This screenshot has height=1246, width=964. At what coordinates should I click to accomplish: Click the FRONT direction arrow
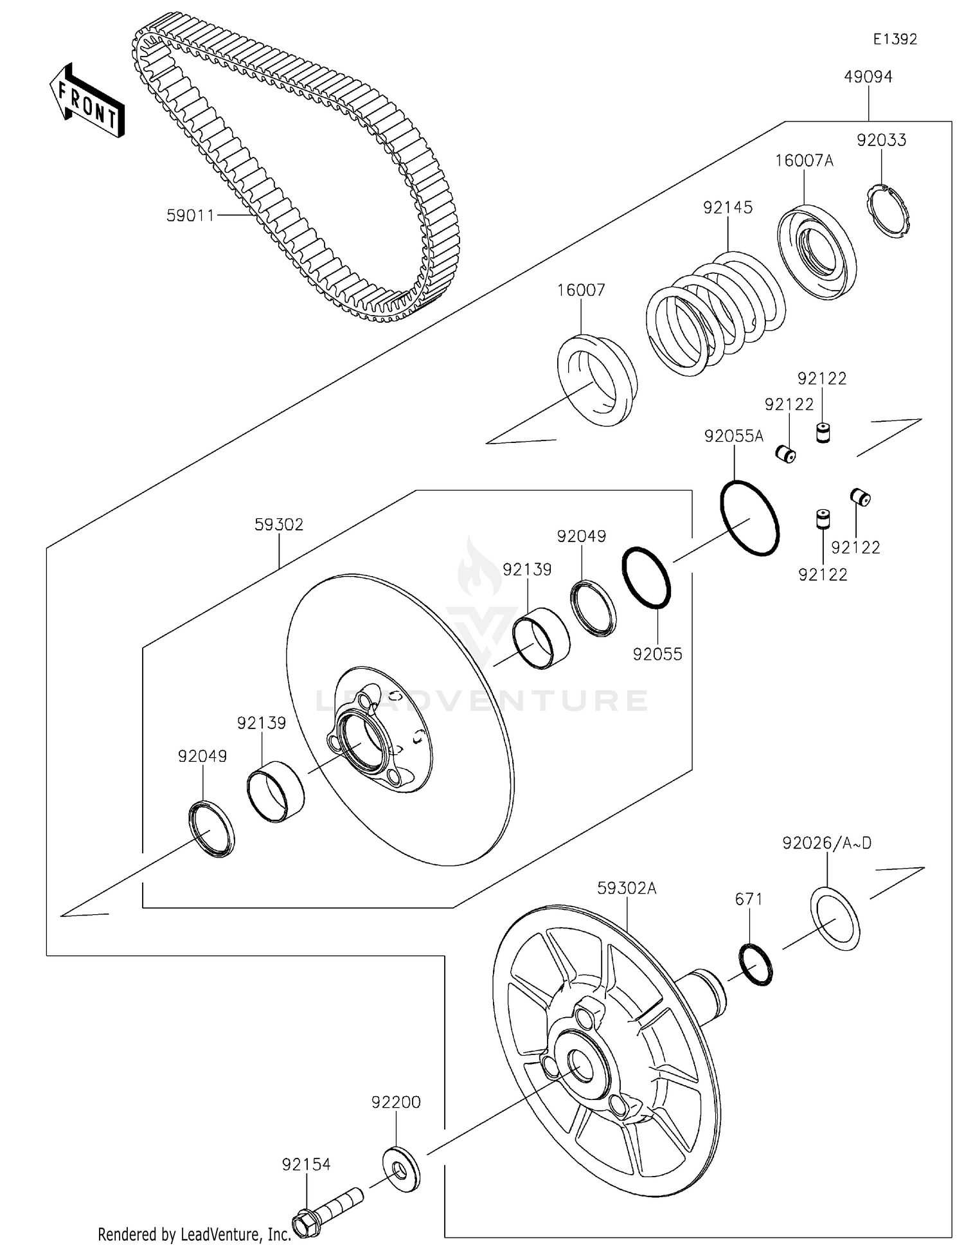(87, 100)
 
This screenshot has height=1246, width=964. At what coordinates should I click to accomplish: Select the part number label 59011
(190, 216)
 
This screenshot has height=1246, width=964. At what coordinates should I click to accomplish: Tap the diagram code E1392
(895, 39)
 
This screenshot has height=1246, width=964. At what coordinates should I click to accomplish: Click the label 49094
(868, 77)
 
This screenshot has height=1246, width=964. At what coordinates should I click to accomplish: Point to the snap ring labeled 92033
(890, 211)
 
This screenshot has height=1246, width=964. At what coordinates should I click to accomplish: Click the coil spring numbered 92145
(715, 312)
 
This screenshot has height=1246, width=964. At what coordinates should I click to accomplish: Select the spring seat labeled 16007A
(817, 252)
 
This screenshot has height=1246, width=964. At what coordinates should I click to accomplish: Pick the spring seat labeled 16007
(596, 380)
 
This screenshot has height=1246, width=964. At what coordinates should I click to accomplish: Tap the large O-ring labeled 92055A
(750, 518)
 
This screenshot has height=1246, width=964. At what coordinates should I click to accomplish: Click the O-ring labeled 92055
(647, 577)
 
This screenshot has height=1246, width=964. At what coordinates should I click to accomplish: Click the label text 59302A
(627, 889)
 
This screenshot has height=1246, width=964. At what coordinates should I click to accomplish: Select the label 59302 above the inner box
(278, 525)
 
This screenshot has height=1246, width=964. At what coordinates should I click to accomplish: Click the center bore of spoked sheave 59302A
(580, 1066)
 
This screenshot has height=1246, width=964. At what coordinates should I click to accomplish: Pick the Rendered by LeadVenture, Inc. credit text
(195, 1234)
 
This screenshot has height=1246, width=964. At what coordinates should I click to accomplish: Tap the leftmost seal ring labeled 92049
(211, 829)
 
